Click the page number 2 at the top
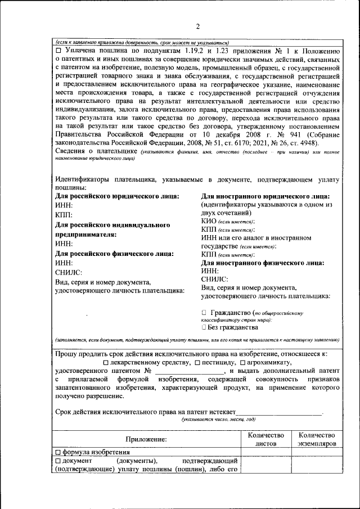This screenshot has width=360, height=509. pyautogui.click(x=197, y=26)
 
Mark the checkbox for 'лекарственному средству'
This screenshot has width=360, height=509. pyautogui.click(x=106, y=363)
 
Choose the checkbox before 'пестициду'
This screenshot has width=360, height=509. pyautogui.click(x=197, y=363)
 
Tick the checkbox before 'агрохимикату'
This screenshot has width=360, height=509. pyautogui.click(x=242, y=363)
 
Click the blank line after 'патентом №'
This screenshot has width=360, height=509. pyautogui.click(x=189, y=372)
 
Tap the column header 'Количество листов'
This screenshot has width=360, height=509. pyautogui.click(x=265, y=439)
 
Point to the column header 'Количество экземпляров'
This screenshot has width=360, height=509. pyautogui.click(x=317, y=439)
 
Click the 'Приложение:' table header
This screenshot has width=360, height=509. pyautogui.click(x=146, y=439)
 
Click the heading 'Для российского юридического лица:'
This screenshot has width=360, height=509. pyautogui.click(x=118, y=196)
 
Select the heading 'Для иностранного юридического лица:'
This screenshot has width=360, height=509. pyautogui.click(x=265, y=196)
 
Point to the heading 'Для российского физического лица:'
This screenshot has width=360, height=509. pyautogui.click(x=114, y=253)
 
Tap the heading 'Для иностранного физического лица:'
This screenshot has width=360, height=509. pyautogui.click(x=263, y=263)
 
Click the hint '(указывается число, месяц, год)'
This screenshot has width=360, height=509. pyautogui.click(x=218, y=420)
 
